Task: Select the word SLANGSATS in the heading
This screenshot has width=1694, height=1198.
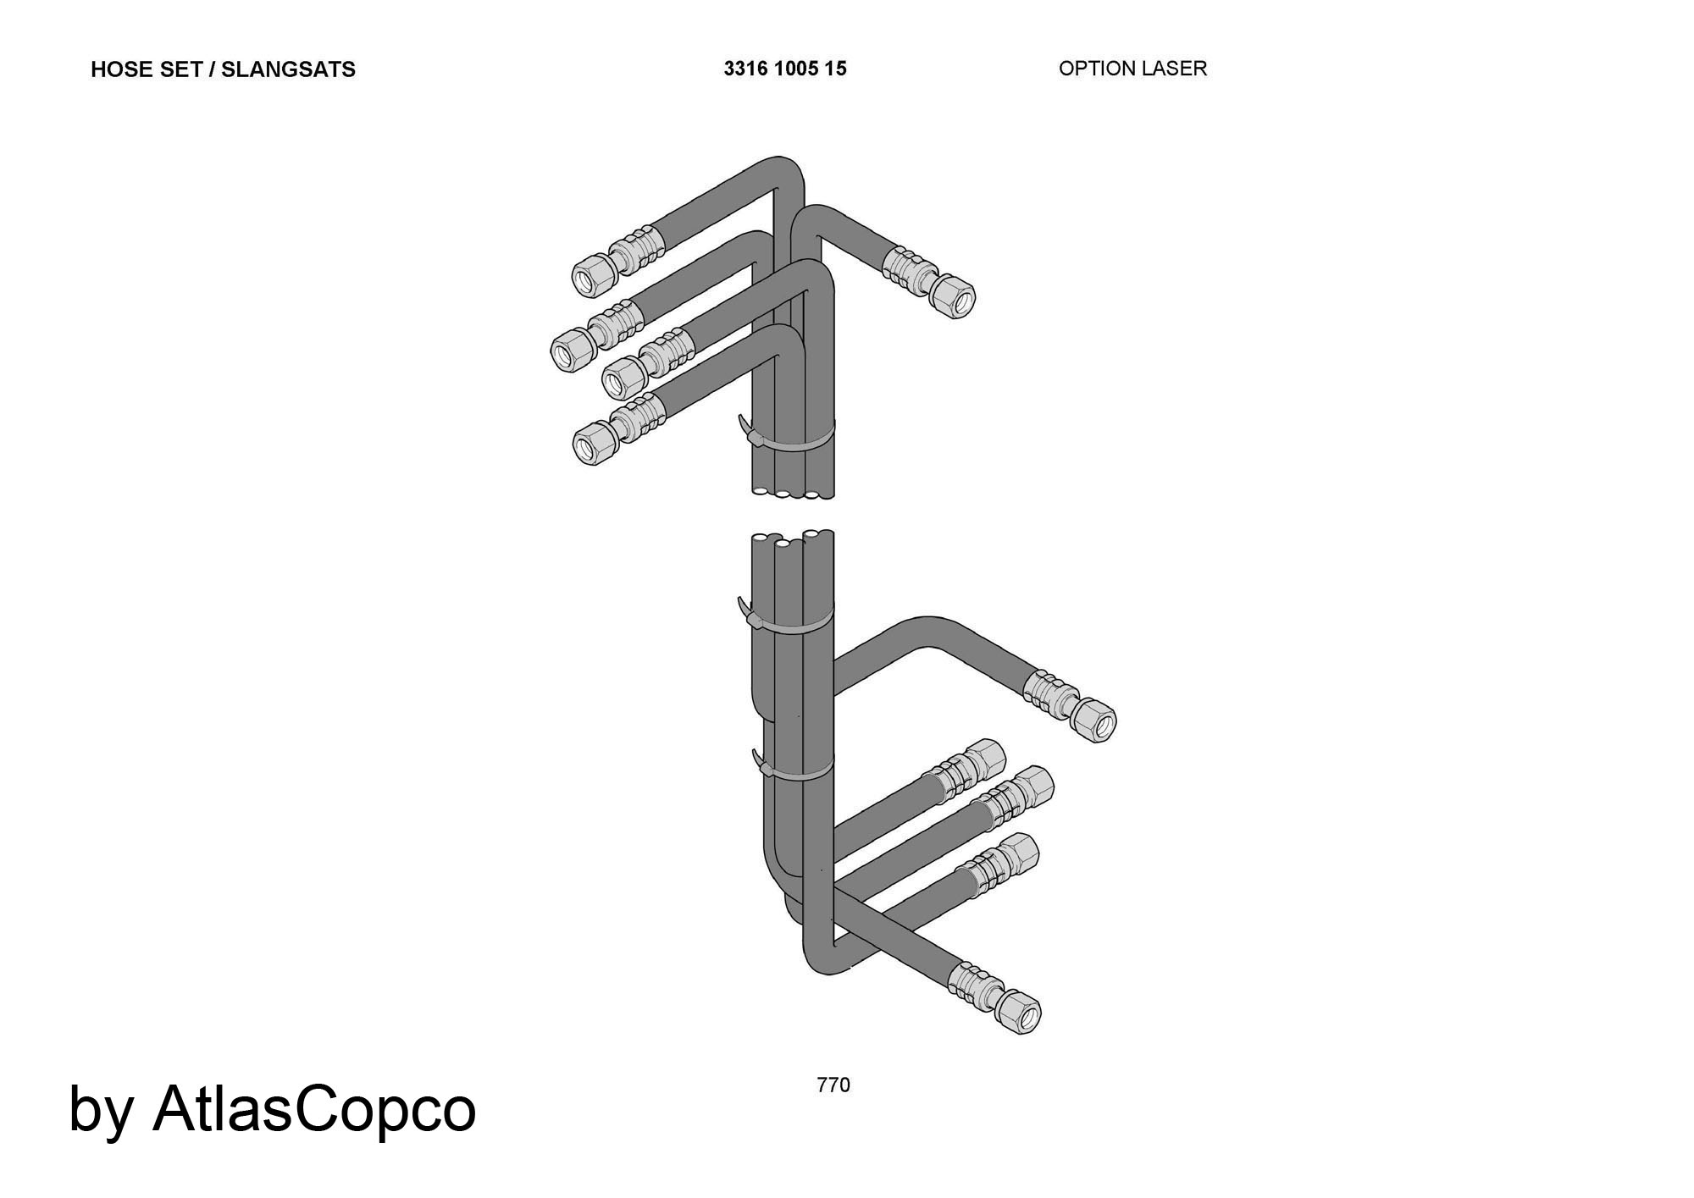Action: (x=288, y=69)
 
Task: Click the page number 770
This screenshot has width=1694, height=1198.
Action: (x=833, y=1085)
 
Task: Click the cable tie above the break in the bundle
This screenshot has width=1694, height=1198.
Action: (x=785, y=436)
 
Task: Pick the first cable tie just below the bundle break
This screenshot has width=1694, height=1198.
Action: (x=784, y=617)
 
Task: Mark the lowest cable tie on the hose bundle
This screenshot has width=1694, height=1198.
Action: (x=792, y=767)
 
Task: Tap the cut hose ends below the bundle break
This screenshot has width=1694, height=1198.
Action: (x=793, y=539)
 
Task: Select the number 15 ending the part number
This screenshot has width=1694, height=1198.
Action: (x=835, y=69)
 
